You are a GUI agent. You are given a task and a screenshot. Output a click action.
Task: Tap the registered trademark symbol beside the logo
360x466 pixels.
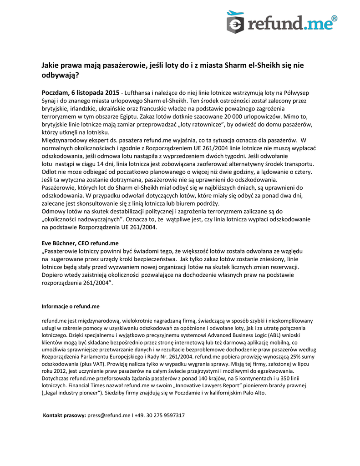334,18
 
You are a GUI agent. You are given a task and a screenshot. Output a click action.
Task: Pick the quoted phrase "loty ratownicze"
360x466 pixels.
196,124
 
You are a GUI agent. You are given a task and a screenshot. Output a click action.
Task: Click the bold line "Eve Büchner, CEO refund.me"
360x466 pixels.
80,243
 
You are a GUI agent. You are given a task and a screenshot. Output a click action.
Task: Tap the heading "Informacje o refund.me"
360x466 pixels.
71,306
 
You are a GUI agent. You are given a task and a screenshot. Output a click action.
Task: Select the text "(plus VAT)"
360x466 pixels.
93,364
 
